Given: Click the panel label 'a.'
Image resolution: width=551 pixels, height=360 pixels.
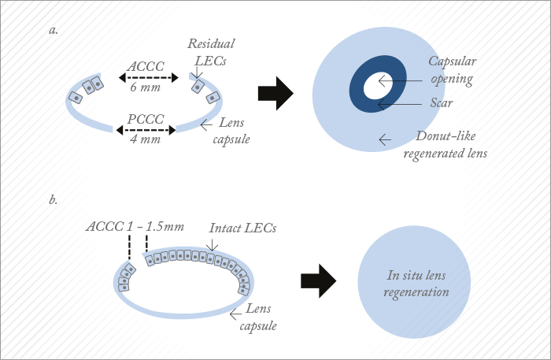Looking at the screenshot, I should tap(54, 31).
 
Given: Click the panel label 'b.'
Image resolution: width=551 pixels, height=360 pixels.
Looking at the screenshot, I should tap(54, 200).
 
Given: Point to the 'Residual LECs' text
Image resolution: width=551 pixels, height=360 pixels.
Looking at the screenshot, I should tap(212, 52).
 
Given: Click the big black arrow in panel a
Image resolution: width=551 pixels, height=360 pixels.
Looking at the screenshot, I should tap(275, 95).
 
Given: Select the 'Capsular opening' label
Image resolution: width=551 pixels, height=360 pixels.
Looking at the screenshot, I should tap(452, 69).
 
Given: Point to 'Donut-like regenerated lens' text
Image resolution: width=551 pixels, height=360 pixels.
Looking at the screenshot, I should tap(443, 144).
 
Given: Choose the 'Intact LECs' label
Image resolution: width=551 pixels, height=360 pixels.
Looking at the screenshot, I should tap(243, 228).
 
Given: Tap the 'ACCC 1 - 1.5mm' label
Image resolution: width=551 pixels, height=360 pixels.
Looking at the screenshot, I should tap(135, 227).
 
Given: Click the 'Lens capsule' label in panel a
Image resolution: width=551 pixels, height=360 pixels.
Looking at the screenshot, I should tap(234, 132).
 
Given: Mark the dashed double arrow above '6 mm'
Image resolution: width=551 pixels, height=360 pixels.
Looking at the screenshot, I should tap(149, 78).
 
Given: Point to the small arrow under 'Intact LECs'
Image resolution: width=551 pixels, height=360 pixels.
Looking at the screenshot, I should tap(211, 245).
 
